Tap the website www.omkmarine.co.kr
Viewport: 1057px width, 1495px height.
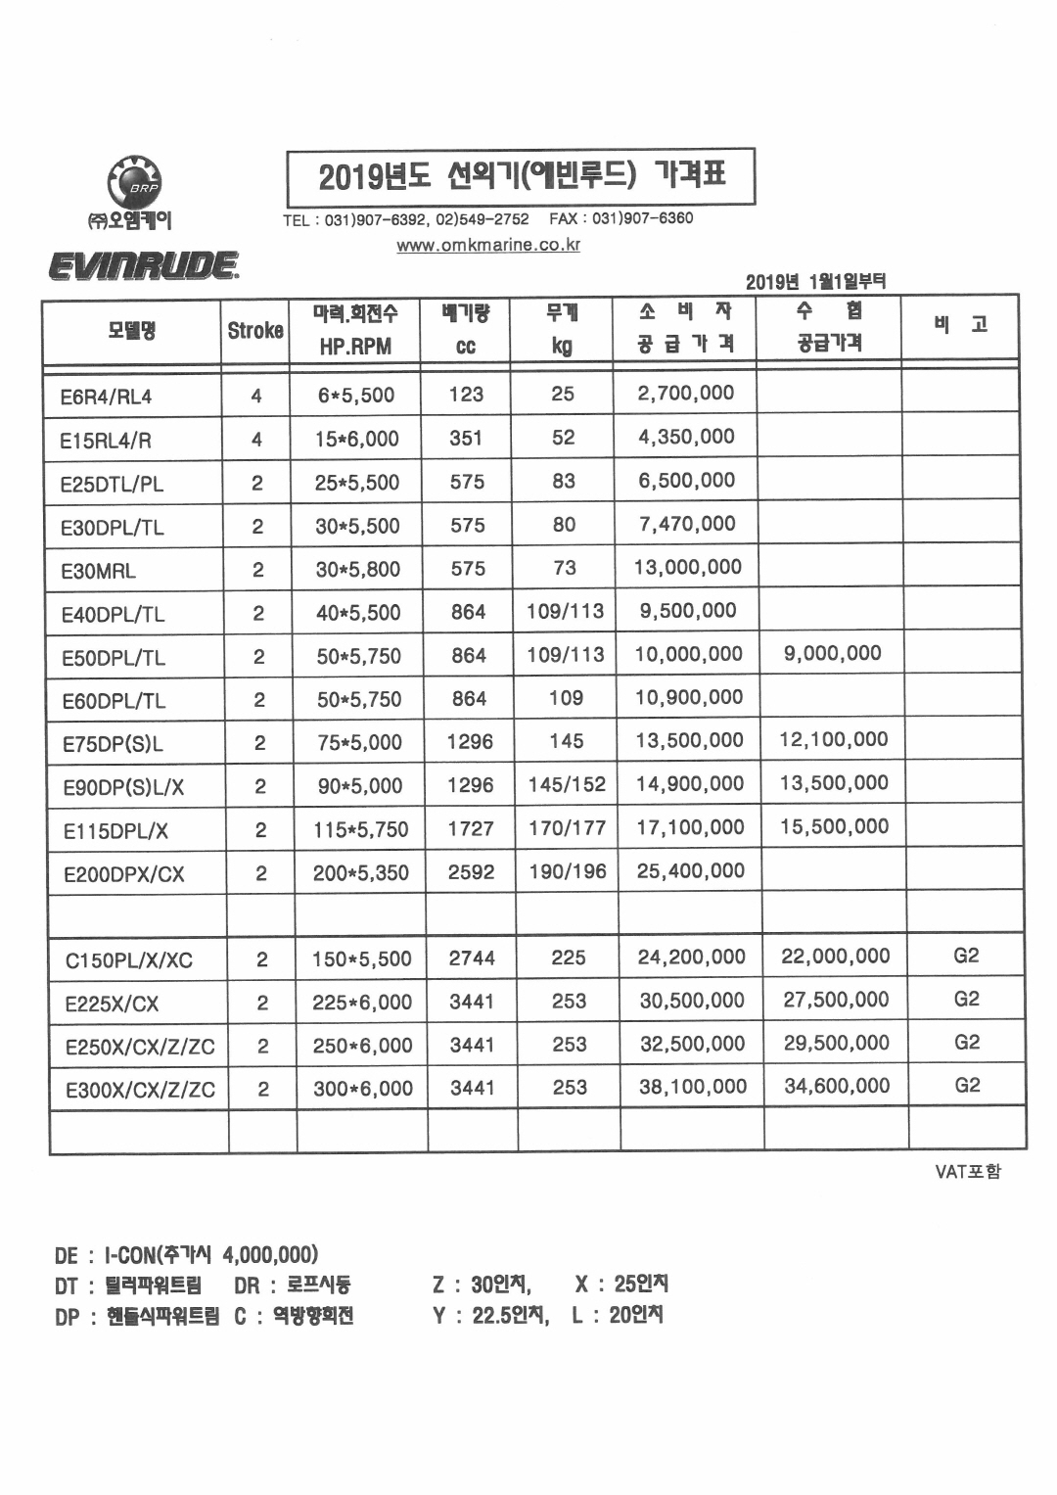[487, 245]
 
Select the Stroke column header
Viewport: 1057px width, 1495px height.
[255, 331]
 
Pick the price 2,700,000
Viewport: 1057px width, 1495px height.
[685, 393]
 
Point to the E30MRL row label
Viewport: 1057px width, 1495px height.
[98, 571]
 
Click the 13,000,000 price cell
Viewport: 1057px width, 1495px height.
[688, 567]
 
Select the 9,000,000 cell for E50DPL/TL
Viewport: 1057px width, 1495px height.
[832, 653]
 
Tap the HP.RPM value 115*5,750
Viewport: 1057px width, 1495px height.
[360, 829]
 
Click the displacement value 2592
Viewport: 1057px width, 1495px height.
[471, 871]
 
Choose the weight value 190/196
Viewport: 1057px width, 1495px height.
[567, 870]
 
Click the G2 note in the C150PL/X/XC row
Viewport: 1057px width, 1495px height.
[966, 956]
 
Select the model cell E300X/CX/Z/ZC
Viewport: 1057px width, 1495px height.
[140, 1090]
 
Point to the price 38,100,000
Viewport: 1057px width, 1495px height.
[692, 1087]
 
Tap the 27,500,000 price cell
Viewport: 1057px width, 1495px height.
[836, 1000]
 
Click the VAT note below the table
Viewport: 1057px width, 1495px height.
[968, 1171]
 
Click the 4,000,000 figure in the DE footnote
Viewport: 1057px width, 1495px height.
[269, 1254]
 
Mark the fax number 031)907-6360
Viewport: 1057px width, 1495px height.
[642, 218]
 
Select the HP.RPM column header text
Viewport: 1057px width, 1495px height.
[355, 346]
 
